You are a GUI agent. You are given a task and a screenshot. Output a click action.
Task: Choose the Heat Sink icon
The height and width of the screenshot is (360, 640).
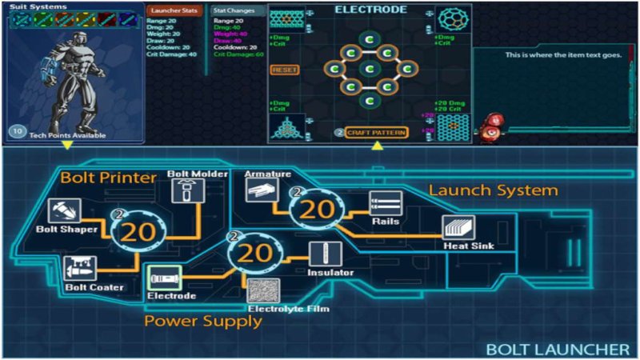(x=459, y=227)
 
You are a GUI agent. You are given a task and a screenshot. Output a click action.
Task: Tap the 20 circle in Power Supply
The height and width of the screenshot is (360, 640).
(x=256, y=254)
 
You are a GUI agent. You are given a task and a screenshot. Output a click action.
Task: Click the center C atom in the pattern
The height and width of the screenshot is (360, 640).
(x=369, y=70)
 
